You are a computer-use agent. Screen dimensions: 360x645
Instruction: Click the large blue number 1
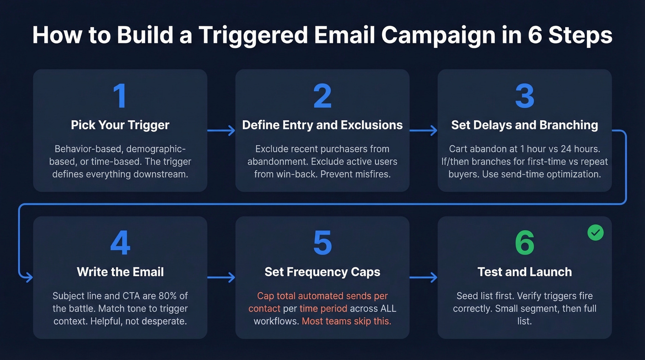pos(120,96)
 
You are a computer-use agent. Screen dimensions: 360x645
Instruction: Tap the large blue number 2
pos(322,96)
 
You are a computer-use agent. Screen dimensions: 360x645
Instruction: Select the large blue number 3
pos(524,96)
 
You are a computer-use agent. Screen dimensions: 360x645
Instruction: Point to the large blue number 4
pos(120,243)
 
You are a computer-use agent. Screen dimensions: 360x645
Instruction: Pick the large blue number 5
pos(322,243)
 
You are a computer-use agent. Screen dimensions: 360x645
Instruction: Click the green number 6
pos(524,243)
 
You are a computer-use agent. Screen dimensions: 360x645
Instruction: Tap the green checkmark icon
pos(595,233)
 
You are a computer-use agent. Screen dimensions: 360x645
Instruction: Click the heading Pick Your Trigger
pos(120,125)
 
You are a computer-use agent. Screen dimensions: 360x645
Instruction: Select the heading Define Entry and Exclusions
pos(322,125)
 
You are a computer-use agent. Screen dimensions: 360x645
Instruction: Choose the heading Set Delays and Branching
pos(524,125)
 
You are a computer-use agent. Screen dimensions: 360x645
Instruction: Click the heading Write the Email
pos(120,272)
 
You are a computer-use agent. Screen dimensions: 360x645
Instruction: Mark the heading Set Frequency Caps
pos(322,272)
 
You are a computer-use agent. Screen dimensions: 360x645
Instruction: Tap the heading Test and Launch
pos(524,272)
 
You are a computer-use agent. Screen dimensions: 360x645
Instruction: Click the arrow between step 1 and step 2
pos(221,131)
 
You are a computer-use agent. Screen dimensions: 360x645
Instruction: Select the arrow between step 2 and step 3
pos(423,131)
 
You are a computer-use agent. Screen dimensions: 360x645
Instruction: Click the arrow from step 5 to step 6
pos(423,277)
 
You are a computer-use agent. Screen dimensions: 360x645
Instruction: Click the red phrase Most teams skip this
pos(346,321)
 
